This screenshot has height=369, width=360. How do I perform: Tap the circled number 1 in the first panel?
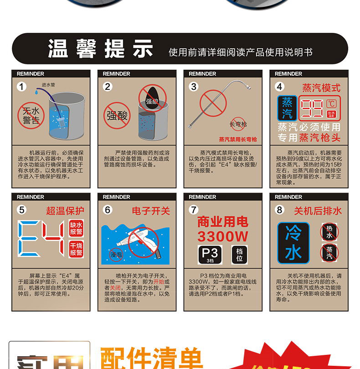tap(22, 87)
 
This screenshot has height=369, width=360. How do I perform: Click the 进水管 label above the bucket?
tap(48, 85)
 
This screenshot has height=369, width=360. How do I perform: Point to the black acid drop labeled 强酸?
tap(151, 100)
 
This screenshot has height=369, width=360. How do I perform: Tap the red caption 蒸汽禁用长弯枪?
tap(237, 139)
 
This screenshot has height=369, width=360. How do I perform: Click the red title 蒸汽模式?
tap(321, 88)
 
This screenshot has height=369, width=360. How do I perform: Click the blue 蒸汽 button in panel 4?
tap(287, 108)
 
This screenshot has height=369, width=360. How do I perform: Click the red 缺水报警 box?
tap(76, 229)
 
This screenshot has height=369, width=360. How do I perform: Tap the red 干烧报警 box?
tap(76, 249)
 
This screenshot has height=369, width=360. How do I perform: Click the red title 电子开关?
tap(151, 211)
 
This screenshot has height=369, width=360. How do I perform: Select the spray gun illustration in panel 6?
tap(137, 242)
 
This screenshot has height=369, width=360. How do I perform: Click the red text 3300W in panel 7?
tap(222, 236)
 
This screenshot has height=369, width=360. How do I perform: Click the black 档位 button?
tap(240, 255)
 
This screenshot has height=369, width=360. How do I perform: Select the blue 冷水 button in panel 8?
tap(293, 242)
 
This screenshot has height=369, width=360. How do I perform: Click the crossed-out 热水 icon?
tap(329, 232)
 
